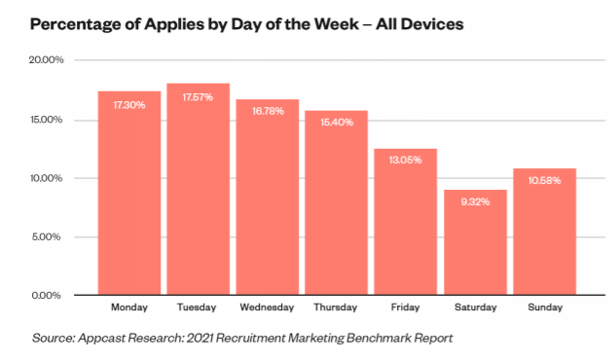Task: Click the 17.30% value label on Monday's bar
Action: (x=129, y=105)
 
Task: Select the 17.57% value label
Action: (x=198, y=97)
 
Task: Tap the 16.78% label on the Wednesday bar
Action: (x=268, y=111)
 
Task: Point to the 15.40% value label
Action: (x=337, y=123)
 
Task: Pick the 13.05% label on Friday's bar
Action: (x=406, y=161)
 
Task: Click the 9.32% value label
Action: (x=475, y=202)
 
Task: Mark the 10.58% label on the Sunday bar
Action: (x=545, y=181)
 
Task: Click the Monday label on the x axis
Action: (x=129, y=307)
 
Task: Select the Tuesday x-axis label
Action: (x=197, y=307)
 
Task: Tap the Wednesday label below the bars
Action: (x=268, y=307)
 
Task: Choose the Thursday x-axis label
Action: (x=336, y=307)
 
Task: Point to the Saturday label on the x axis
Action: (x=476, y=307)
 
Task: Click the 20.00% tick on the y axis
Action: (x=47, y=60)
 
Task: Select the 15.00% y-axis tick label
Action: (x=47, y=120)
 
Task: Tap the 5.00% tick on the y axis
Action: (x=47, y=237)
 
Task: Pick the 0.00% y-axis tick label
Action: (x=47, y=295)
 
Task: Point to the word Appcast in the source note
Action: (x=102, y=339)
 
